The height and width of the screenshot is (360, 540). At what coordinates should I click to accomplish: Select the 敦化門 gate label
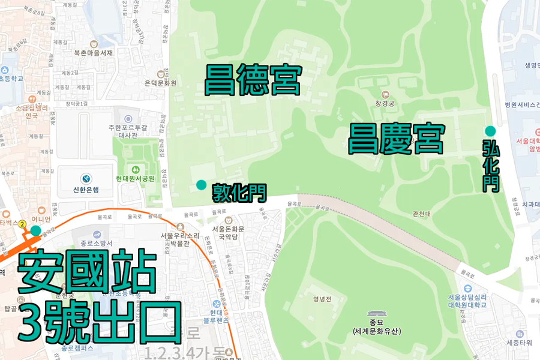click(x=239, y=193)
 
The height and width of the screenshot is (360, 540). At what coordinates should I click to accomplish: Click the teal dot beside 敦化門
click(x=201, y=184)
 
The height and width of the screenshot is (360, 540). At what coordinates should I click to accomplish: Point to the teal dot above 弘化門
click(x=490, y=131)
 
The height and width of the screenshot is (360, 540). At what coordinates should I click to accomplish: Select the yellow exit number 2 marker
click(x=22, y=224)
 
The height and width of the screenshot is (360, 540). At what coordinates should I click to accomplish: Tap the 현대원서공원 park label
click(x=136, y=178)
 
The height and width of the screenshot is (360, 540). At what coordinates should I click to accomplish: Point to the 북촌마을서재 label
click(x=94, y=53)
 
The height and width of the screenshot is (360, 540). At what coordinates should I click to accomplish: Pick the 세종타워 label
click(x=519, y=343)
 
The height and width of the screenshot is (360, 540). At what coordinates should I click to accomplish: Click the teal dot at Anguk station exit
click(x=36, y=230)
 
